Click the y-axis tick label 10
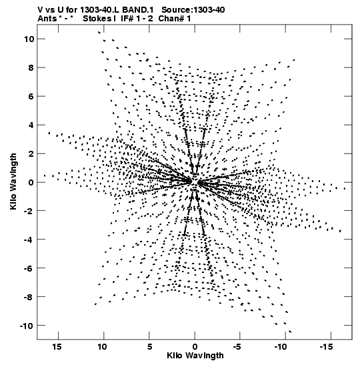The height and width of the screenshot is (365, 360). pyautogui.click(x=29, y=39)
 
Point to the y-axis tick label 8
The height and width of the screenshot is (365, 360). pyautogui.click(x=31, y=67)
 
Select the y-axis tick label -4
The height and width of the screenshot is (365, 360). pyautogui.click(x=29, y=240)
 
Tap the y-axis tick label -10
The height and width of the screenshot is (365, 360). pyautogui.click(x=27, y=326)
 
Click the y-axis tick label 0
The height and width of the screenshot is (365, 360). pyautogui.click(x=31, y=182)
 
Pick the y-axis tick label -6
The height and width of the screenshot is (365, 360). pyautogui.click(x=29, y=268)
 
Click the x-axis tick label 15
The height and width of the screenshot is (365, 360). pyautogui.click(x=57, y=347)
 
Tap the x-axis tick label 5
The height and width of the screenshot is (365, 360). pyautogui.click(x=149, y=347)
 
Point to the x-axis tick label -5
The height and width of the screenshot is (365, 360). pyautogui.click(x=237, y=347)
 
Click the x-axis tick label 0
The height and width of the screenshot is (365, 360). pyautogui.click(x=195, y=347)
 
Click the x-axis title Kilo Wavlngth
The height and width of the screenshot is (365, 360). pyautogui.click(x=195, y=356)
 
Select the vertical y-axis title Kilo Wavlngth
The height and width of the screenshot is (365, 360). pyautogui.click(x=13, y=181)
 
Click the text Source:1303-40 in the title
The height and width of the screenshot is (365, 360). pyautogui.click(x=193, y=10)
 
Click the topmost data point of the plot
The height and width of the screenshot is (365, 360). pyautogui.click(x=99, y=32)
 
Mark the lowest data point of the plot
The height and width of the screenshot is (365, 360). pyautogui.click(x=290, y=332)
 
